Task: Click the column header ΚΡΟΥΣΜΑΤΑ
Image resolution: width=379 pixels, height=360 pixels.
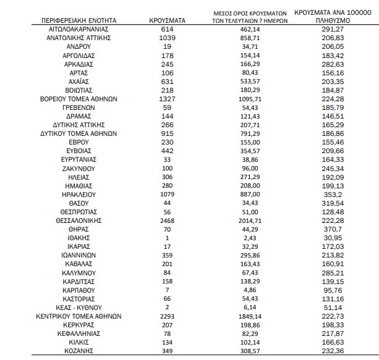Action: pyautogui.click(x=168, y=20)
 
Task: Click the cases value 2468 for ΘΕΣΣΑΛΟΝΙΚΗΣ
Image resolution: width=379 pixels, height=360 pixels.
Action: pyautogui.click(x=168, y=220)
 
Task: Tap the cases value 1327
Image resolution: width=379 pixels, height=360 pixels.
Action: pyautogui.click(x=168, y=98)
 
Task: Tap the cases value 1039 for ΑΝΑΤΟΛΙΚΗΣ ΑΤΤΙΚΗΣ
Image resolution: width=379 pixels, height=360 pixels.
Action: pyautogui.click(x=168, y=38)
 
